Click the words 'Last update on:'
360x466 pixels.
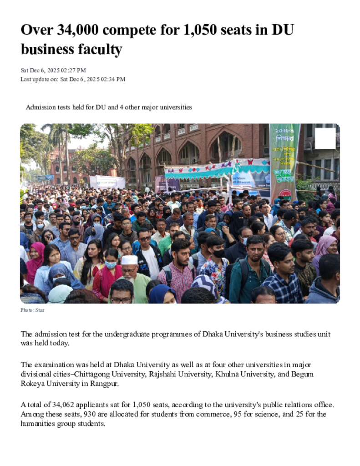click(x=39, y=79)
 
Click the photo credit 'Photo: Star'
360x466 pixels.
click(x=32, y=310)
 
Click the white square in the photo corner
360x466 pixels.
click(x=325, y=138)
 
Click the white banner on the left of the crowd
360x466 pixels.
click(x=107, y=182)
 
